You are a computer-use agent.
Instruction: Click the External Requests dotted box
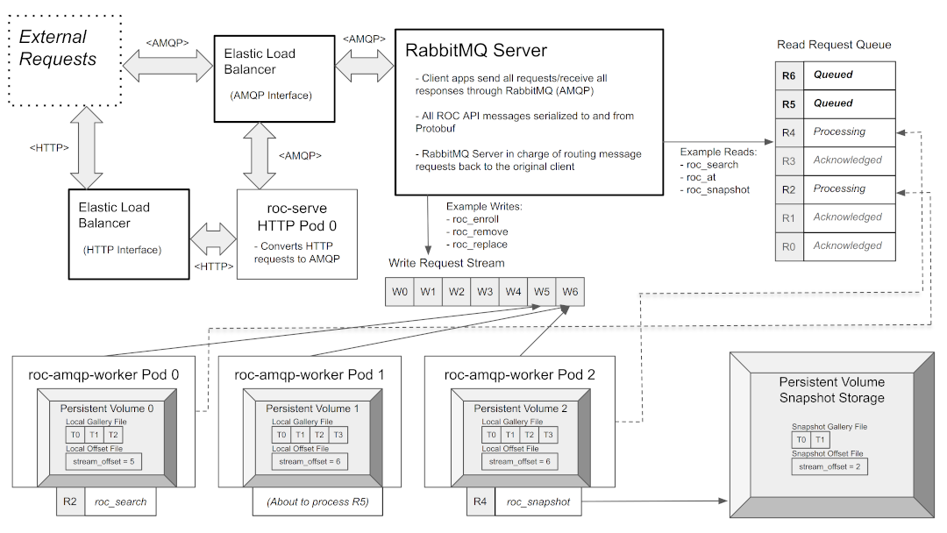click(x=64, y=59)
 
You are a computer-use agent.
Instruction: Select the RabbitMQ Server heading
click(x=475, y=51)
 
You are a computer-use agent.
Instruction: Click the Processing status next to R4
click(x=839, y=131)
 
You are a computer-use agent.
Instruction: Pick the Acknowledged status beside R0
click(x=846, y=245)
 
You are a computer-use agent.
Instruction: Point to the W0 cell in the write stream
click(x=400, y=291)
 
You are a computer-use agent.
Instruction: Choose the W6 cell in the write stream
click(x=570, y=291)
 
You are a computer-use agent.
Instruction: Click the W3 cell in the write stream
click(x=485, y=291)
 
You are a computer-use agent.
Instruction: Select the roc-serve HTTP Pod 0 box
click(x=296, y=234)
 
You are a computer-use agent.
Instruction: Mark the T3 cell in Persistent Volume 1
click(x=339, y=436)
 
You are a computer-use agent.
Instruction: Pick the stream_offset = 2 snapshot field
click(x=827, y=467)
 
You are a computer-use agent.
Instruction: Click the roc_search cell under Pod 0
click(x=120, y=502)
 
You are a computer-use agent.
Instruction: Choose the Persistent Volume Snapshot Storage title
click(x=832, y=390)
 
